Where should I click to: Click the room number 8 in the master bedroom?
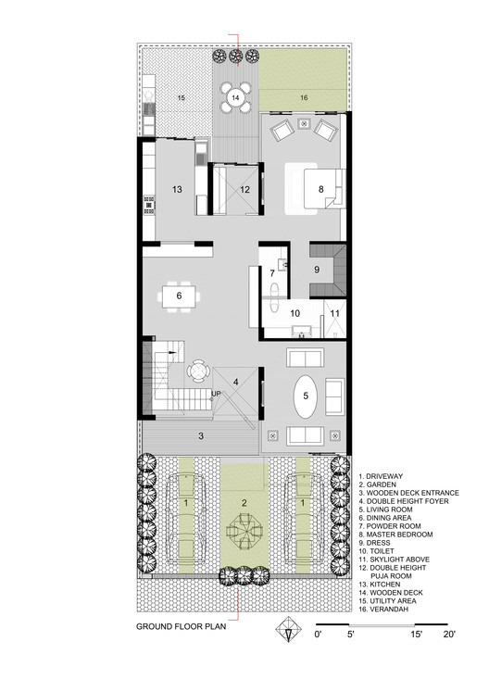pos(321,189)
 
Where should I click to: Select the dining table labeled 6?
pos(179,296)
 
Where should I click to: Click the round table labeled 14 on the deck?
pos(235,96)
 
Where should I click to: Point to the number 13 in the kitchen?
pos(178,189)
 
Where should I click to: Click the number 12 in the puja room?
pos(244,189)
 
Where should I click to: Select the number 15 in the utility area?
pos(182,96)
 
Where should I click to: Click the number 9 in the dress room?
pos(316,271)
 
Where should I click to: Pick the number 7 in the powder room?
pos(272,273)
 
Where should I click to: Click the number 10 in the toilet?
pos(295,314)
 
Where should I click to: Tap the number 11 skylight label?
pos(334,314)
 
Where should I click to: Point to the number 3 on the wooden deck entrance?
pos(201,434)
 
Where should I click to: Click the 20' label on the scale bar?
pos(448,635)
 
